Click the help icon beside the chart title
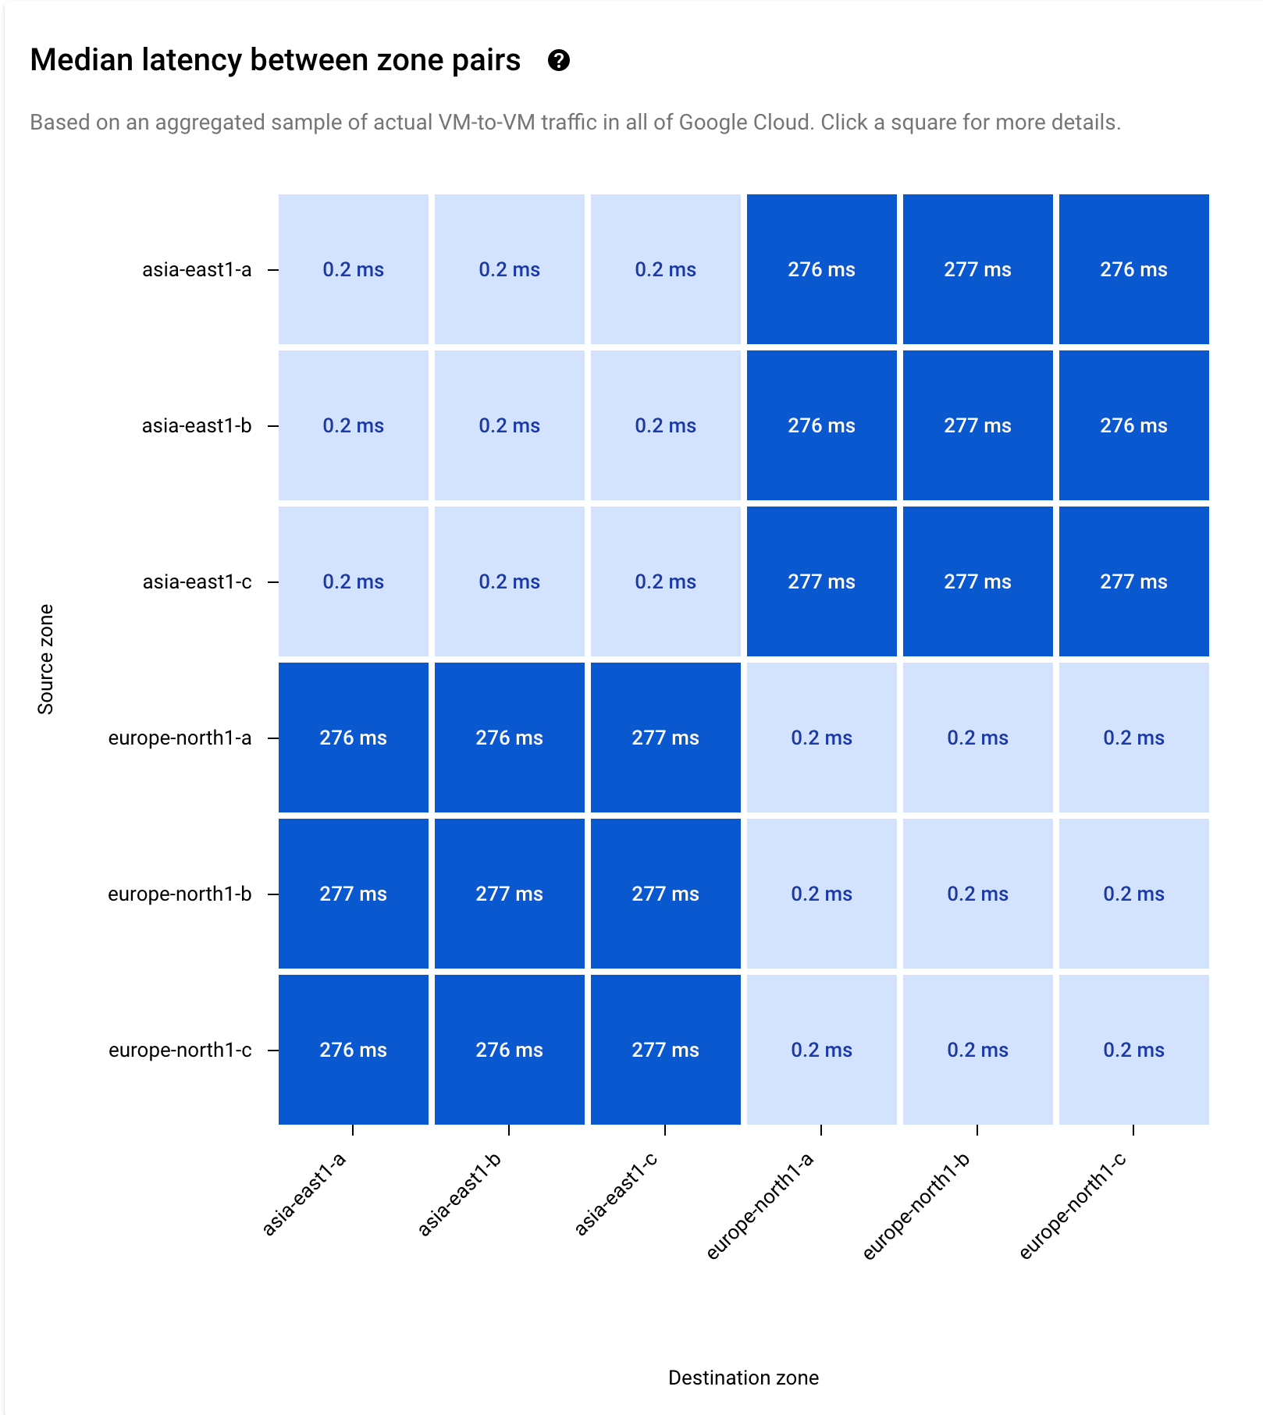click(558, 60)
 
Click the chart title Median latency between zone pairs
click(275, 60)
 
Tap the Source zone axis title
click(45, 659)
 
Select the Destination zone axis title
click(743, 1378)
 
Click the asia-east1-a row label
click(197, 270)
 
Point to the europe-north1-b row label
click(180, 894)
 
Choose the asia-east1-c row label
click(197, 582)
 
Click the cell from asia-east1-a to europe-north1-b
click(977, 269)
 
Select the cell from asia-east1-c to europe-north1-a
click(821, 581)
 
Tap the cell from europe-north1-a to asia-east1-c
click(665, 738)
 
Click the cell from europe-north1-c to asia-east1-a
click(353, 1050)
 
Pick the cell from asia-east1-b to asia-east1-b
click(509, 425)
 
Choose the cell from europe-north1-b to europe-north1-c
click(1133, 894)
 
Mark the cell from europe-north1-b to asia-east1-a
click(353, 894)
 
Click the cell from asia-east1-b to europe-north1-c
click(1133, 425)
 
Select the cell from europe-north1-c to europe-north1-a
click(821, 1050)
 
